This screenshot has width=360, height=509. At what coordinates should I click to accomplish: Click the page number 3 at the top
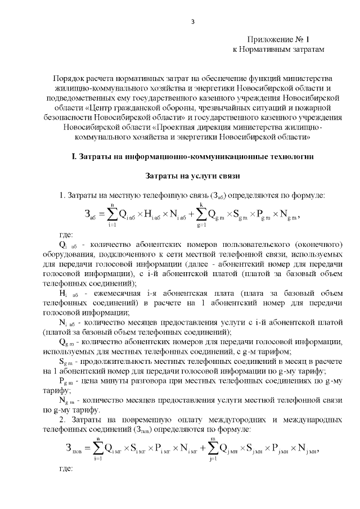click(x=192, y=22)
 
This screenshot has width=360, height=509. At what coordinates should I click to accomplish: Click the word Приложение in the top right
click(x=267, y=40)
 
